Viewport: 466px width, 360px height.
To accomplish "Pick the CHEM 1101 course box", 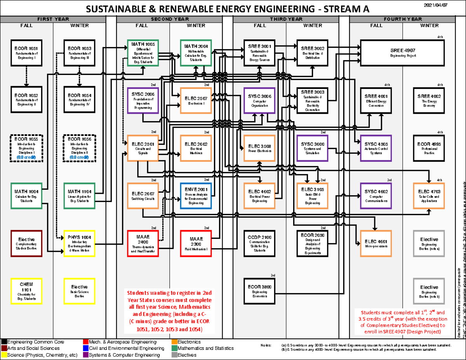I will pyautogui.click(x=26, y=290).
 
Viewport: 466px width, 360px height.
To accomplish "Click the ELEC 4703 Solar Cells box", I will pyautogui.click(x=429, y=195).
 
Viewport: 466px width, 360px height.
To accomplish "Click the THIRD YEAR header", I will pyautogui.click(x=286, y=19).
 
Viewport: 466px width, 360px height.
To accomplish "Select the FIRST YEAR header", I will pyautogui.click(x=53, y=19).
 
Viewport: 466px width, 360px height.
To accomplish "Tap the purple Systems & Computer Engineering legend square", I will pyautogui.click(x=86, y=355).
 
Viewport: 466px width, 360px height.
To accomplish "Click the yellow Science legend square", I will pyautogui.click(x=4, y=355).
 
